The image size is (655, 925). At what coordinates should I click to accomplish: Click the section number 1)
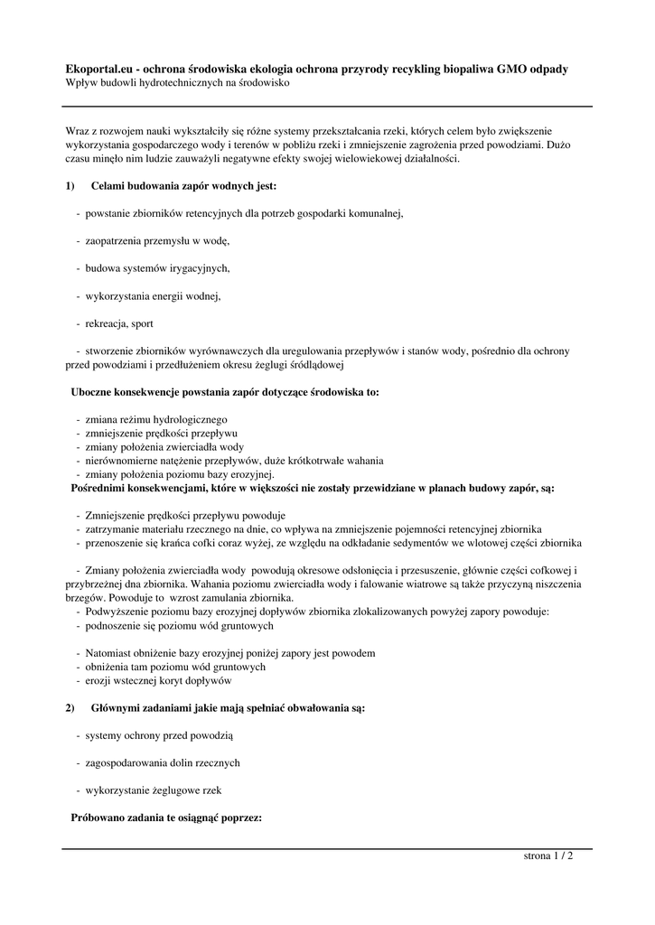(x=72, y=186)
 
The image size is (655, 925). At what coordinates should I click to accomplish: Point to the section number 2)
(x=72, y=709)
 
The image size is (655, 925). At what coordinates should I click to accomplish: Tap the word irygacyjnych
(x=198, y=268)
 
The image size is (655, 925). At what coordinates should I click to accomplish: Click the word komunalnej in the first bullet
(x=370, y=214)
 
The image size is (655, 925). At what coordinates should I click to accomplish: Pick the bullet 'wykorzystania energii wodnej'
(x=154, y=295)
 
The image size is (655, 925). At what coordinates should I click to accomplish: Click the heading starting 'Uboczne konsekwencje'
(x=226, y=393)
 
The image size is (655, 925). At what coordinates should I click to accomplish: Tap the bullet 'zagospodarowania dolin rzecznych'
(x=163, y=763)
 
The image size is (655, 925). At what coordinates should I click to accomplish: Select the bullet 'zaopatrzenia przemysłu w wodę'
(x=158, y=241)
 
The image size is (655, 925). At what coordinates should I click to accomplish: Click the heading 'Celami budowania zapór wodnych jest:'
(x=184, y=186)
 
